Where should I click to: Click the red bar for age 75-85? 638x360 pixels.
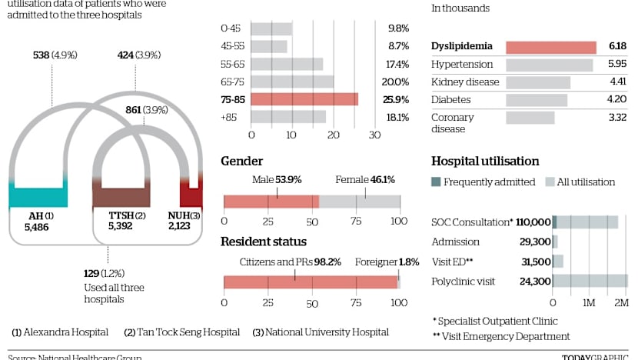pos(304,99)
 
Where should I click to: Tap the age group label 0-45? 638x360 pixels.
pos(231,28)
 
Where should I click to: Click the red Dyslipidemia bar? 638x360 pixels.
pos(550,47)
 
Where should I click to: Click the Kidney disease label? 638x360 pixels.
pos(465,82)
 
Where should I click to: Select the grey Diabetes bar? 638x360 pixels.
pos(537,99)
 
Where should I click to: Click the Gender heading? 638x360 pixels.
pos(242,162)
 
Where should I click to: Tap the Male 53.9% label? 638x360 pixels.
pos(277,180)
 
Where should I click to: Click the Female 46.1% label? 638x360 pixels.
pos(365,180)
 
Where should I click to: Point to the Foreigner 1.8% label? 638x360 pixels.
pos(387,262)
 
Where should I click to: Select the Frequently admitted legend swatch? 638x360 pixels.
pos(436,182)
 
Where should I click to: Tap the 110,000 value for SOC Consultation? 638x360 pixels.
pos(530,222)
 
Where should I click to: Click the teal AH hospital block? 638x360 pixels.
pos(38,195)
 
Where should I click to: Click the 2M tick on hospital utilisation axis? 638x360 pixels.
pos(621,303)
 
